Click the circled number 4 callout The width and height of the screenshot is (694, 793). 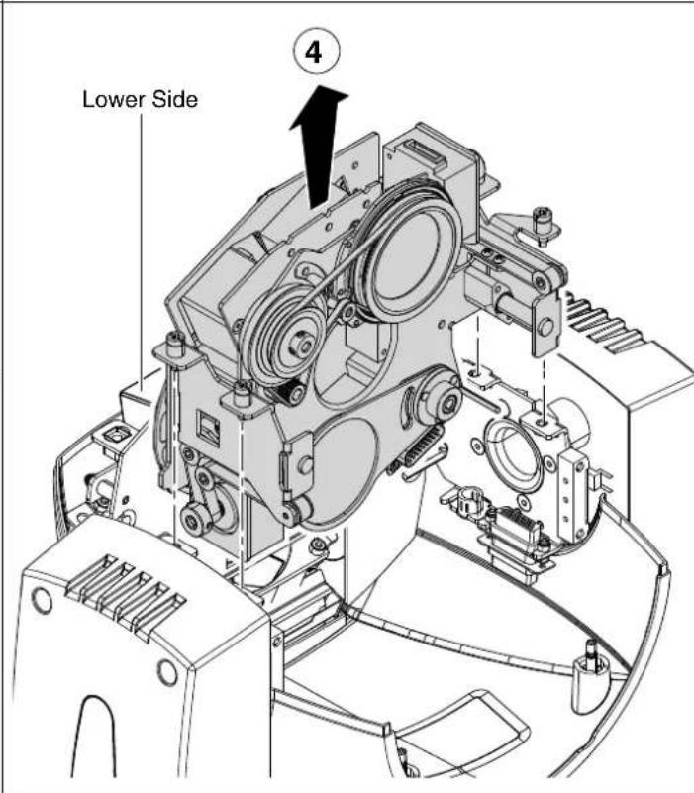coord(316,52)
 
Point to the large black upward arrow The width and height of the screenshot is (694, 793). coord(319,147)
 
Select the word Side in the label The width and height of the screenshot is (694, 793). coord(175,99)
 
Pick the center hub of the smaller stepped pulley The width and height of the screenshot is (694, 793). coord(302,346)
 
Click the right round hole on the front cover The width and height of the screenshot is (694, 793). coord(167,671)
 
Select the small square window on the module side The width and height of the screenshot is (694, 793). coord(207,428)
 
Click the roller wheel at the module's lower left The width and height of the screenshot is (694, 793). coord(195,520)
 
